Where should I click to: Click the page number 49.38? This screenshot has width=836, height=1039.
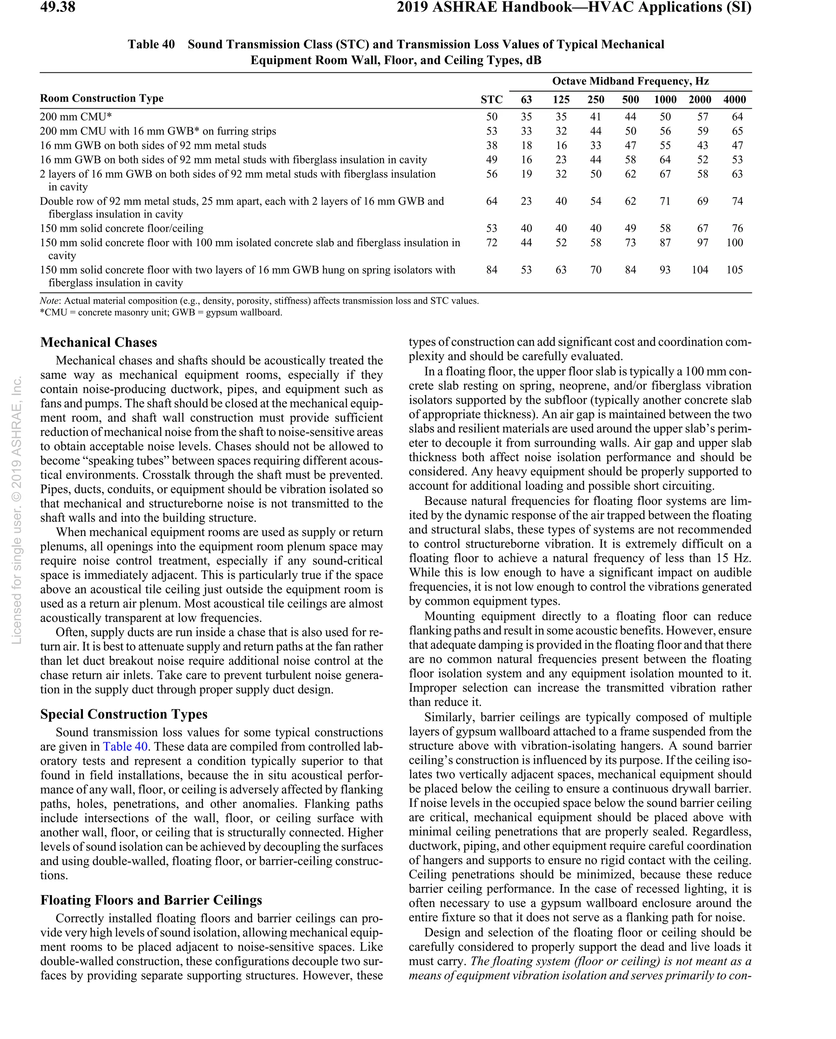(x=58, y=7)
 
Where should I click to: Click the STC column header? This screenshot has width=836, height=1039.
(x=491, y=99)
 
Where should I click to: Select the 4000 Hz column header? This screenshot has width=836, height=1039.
(x=734, y=99)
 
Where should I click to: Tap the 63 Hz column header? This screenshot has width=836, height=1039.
(x=526, y=99)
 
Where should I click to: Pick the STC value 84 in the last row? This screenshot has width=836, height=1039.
(x=491, y=270)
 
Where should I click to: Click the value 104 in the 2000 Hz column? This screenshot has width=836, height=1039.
(x=699, y=270)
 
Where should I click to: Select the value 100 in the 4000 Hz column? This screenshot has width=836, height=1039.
(x=734, y=242)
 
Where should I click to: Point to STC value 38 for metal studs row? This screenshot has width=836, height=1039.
(x=491, y=145)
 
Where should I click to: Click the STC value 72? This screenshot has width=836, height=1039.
(x=491, y=242)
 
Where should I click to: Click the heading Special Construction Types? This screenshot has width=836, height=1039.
(x=124, y=714)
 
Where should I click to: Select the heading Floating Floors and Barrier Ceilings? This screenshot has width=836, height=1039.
(x=151, y=900)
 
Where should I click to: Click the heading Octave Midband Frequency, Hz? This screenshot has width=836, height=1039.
(x=630, y=81)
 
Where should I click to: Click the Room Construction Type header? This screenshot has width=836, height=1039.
(x=102, y=98)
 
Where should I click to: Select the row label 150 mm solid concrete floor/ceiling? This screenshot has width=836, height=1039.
(x=121, y=228)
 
